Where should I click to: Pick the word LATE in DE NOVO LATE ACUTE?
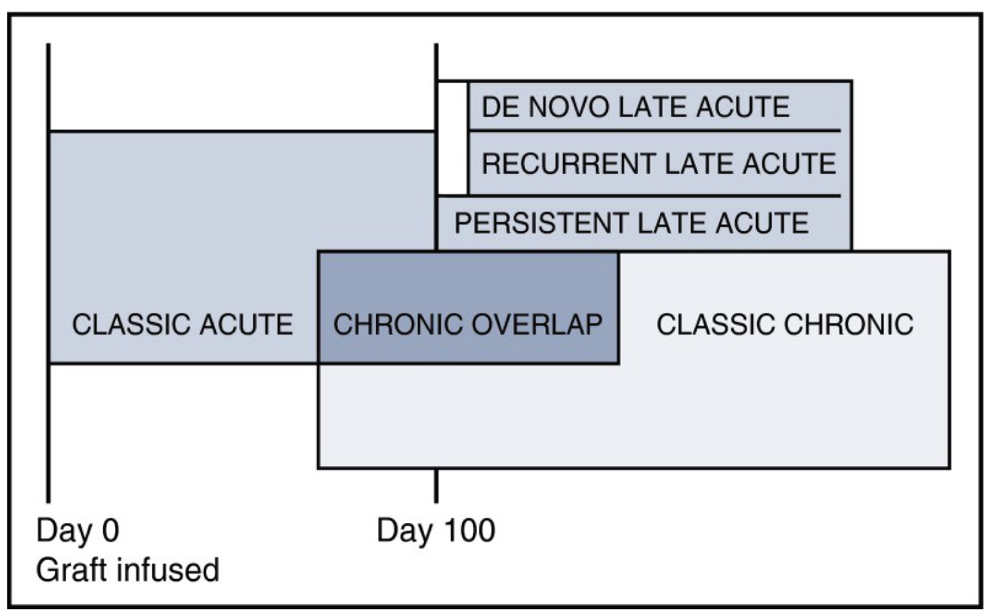(x=653, y=107)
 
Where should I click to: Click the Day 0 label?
(x=78, y=531)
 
